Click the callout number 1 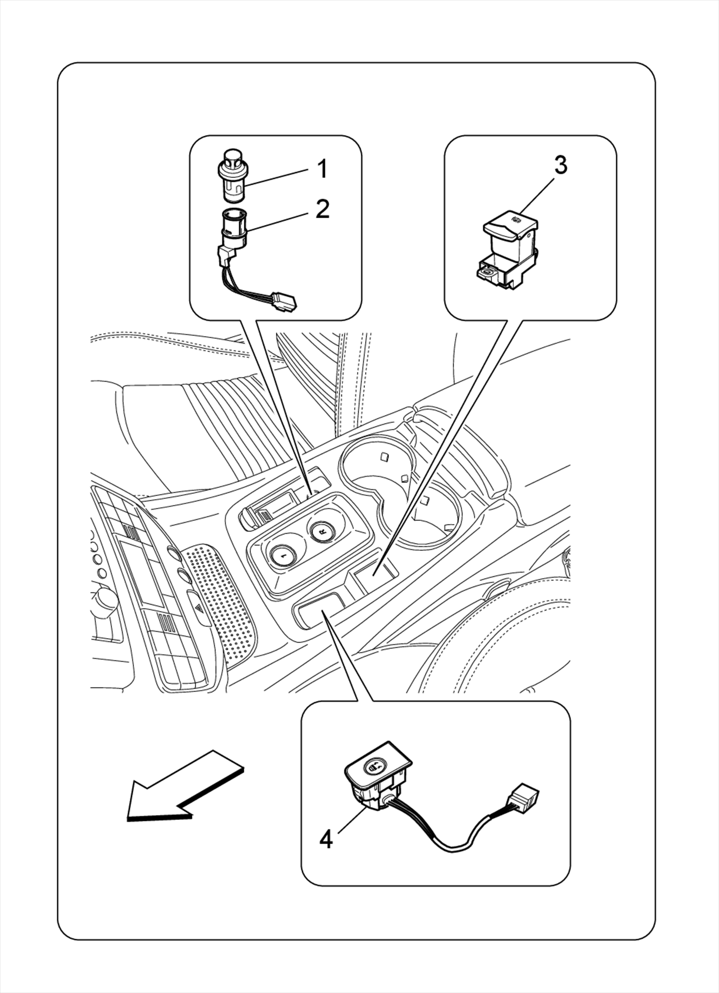[x=322, y=169]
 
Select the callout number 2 [x=322, y=209]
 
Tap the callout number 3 [x=560, y=165]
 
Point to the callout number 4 [x=326, y=839]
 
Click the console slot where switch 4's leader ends [x=318, y=611]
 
